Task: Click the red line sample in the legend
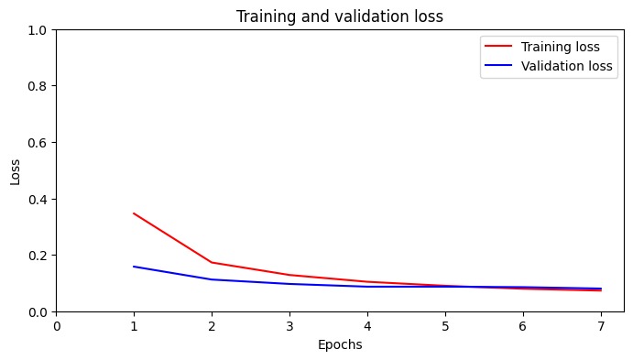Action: pyautogui.click(x=500, y=47)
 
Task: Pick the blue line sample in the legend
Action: pyautogui.click(x=500, y=66)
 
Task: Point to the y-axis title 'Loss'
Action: pyautogui.click(x=16, y=170)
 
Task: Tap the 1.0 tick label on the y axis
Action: pyautogui.click(x=38, y=30)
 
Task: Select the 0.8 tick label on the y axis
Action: pyautogui.click(x=38, y=86)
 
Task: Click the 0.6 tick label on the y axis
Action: pyautogui.click(x=38, y=143)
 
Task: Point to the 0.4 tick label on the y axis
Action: pyautogui.click(x=38, y=199)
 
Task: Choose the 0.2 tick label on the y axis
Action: pyautogui.click(x=38, y=256)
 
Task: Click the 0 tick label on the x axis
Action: pyautogui.click(x=57, y=325)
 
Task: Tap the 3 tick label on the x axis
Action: pyautogui.click(x=289, y=325)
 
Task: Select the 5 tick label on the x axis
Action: pyautogui.click(x=445, y=325)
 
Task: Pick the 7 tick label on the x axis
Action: pyautogui.click(x=600, y=325)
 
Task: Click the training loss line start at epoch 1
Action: pyautogui.click(x=134, y=213)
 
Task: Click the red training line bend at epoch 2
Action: pyautogui.click(x=212, y=262)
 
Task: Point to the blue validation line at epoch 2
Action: pyautogui.click(x=212, y=279)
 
